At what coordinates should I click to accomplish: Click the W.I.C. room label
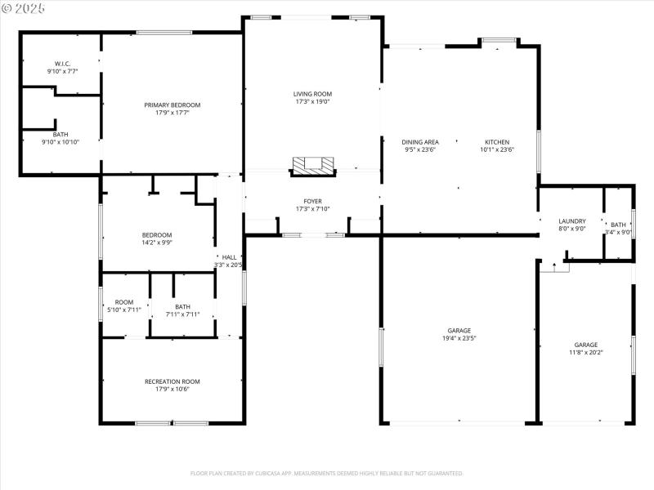click(x=62, y=63)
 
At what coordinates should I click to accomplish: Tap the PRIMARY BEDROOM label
click(x=172, y=105)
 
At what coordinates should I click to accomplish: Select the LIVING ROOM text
click(x=312, y=94)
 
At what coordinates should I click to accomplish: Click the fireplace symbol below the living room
click(x=313, y=166)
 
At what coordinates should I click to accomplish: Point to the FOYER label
click(x=312, y=201)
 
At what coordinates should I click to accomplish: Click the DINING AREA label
click(x=420, y=142)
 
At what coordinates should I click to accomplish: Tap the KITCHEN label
click(x=496, y=142)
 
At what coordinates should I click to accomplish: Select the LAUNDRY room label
click(x=571, y=221)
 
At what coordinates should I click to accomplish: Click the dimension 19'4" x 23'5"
click(x=459, y=338)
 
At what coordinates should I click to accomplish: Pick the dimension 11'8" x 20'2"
click(x=585, y=353)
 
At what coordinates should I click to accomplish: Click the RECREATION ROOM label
click(x=172, y=381)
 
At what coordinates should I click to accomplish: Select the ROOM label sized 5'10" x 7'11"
click(x=123, y=302)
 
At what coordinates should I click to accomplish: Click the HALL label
click(x=229, y=257)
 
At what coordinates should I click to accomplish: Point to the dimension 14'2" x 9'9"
click(x=157, y=243)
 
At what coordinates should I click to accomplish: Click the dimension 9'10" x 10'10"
click(x=60, y=142)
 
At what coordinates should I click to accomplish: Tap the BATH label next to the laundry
click(x=618, y=225)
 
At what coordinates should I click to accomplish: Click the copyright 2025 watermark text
click(x=24, y=7)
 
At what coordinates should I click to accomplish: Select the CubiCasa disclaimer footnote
click(x=327, y=473)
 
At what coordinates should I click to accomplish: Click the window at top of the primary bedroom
click(x=164, y=33)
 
